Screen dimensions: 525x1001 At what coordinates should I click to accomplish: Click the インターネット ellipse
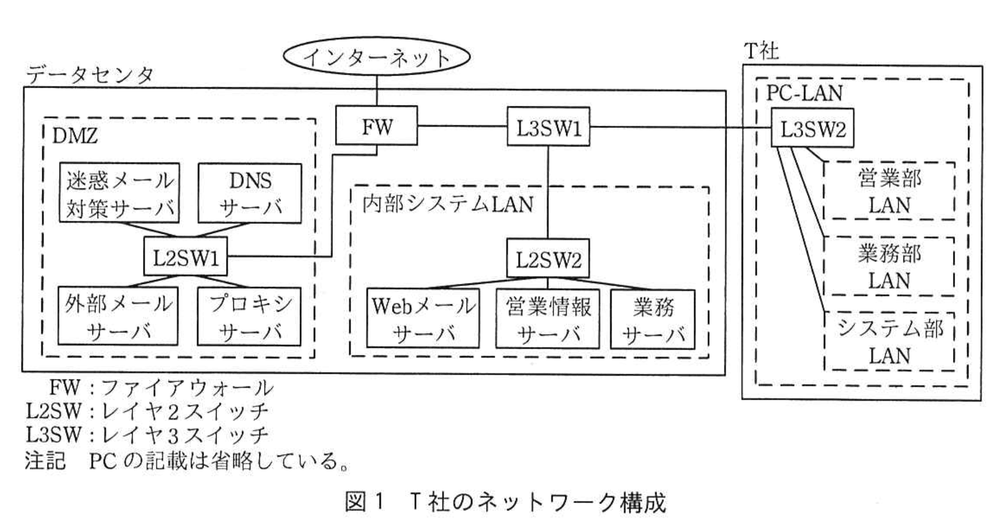[x=376, y=57]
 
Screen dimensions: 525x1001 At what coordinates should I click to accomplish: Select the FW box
[x=376, y=126]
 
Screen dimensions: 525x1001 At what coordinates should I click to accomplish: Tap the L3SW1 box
[x=549, y=127]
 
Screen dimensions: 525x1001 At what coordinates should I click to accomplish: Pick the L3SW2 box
[x=812, y=128]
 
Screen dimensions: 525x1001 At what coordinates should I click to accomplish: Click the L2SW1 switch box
[x=186, y=257]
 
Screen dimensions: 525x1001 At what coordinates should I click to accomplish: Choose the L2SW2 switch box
[x=548, y=259]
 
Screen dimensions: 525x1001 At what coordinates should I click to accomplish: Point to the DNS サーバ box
[x=250, y=194]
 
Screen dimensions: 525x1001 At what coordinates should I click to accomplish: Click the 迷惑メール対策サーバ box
[x=120, y=194]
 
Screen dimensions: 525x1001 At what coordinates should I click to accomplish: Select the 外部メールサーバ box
[x=118, y=316]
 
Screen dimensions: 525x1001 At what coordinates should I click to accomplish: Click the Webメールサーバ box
[x=423, y=318]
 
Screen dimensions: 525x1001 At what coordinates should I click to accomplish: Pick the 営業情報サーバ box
[x=547, y=318]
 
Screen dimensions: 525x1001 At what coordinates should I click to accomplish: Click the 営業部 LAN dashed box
[x=889, y=191]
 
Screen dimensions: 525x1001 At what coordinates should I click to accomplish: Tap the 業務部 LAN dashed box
[x=889, y=266]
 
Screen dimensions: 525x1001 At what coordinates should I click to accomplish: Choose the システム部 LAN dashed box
[x=889, y=341]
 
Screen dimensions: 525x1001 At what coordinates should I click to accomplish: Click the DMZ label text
[x=75, y=137]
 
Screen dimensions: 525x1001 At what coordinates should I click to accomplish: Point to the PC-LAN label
[x=804, y=93]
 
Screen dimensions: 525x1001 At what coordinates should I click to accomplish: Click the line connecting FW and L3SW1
[x=462, y=126]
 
